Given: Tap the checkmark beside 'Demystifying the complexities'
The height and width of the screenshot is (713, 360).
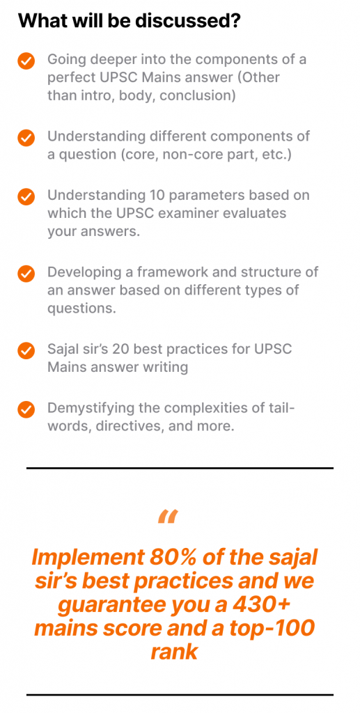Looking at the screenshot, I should pyautogui.click(x=26, y=409).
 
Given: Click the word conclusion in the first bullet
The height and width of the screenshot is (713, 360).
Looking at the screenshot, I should pyautogui.click(x=197, y=95).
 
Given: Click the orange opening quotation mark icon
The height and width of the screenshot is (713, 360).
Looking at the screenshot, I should pyautogui.click(x=168, y=517).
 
